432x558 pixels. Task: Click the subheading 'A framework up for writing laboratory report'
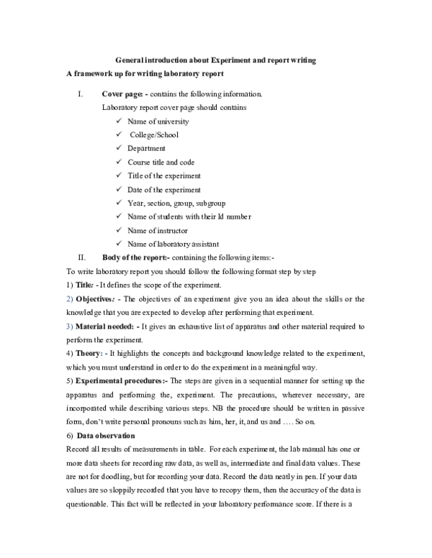145,74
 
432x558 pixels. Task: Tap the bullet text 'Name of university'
158,122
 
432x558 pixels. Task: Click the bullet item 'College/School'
154,135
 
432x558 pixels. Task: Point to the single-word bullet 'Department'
146,149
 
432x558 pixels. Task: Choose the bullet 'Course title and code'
161,163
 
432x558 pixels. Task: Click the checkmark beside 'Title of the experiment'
118,176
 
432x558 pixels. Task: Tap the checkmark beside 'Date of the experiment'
118,190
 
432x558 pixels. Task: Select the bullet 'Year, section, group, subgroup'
175,203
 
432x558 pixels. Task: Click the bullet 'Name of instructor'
158,231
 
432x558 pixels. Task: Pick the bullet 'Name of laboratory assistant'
174,244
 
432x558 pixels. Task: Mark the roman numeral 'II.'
82,257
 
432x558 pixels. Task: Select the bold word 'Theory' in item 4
90,354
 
